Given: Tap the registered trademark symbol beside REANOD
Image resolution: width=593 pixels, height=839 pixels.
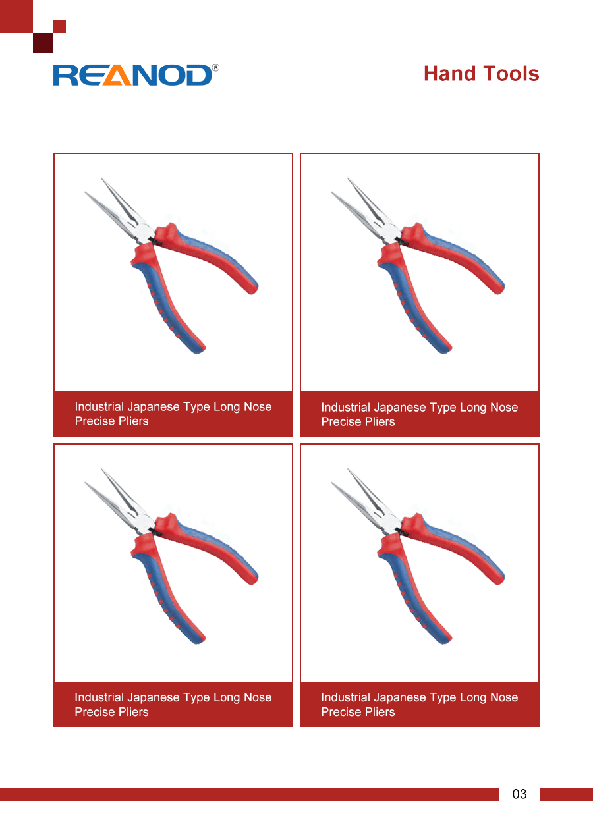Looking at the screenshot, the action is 215,68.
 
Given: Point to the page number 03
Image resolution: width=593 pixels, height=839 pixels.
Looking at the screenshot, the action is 519,794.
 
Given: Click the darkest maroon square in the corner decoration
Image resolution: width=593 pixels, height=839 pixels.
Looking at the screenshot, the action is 43,43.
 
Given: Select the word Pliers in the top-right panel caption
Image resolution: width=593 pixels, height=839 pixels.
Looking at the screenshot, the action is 380,421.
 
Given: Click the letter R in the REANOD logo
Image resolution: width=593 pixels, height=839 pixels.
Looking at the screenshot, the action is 65,75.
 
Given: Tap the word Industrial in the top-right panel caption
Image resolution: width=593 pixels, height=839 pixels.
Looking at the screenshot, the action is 346,407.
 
